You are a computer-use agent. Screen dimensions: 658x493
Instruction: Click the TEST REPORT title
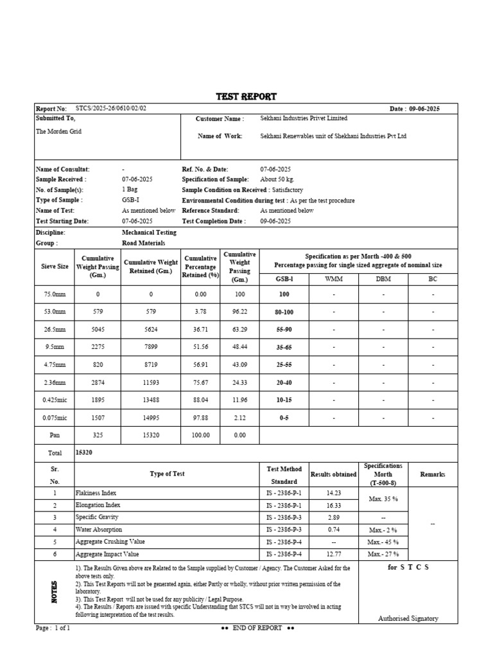pos(246,97)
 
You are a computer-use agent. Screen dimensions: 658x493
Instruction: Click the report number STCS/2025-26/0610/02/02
pos(111,109)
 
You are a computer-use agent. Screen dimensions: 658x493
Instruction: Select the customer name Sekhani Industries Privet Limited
pos(304,118)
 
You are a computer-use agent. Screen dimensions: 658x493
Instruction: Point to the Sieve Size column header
pos(55,266)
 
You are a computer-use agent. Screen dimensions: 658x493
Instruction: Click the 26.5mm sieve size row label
pos(55,329)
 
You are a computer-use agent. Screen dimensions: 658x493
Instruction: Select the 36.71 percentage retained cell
pos(201,329)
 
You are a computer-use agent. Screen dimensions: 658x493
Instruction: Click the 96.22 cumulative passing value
pos(239,312)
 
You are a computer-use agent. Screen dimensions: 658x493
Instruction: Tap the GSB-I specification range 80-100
pos(284,312)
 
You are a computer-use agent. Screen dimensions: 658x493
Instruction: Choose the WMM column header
pos(334,279)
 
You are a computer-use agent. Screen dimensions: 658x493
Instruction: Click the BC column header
pos(433,279)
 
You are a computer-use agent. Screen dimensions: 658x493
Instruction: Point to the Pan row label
pos(55,435)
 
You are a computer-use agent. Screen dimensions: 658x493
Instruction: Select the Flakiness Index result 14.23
pos(333,493)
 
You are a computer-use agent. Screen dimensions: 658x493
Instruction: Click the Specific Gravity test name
pos(97,517)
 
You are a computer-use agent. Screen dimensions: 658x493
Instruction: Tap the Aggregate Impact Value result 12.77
pos(333,554)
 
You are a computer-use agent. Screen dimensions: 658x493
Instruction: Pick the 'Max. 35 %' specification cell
pos(383,499)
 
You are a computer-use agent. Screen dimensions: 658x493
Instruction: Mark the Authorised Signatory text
pos(408,618)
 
